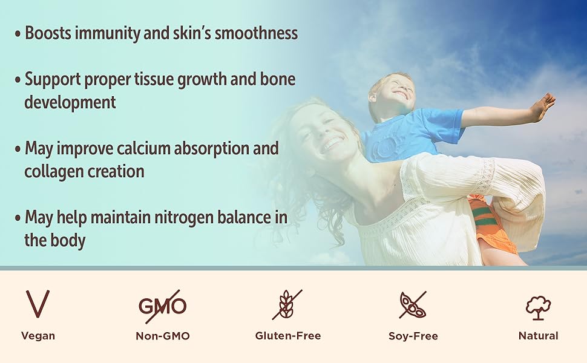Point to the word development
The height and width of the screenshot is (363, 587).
click(70, 102)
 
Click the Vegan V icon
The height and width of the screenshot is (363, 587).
click(38, 304)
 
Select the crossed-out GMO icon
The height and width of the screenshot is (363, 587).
click(162, 306)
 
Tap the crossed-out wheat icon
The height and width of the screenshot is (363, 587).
click(287, 304)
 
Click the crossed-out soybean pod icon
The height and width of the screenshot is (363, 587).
click(413, 305)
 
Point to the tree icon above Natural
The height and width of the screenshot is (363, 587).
click(539, 308)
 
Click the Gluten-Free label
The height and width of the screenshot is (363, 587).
click(288, 336)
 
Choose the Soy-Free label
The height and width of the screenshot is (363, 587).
click(413, 336)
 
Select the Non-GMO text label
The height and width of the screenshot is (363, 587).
click(163, 336)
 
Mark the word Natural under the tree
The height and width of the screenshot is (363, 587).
click(539, 336)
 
